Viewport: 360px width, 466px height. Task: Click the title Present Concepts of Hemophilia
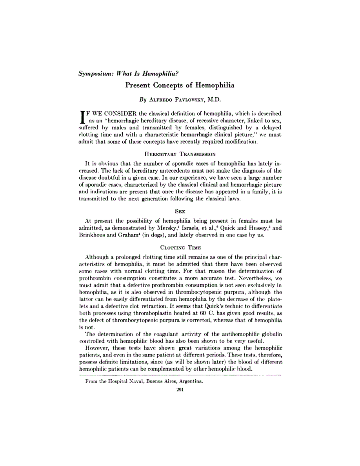click(x=180, y=85)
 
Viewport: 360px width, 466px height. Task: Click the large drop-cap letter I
click(x=82, y=117)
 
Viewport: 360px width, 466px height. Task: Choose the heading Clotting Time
click(x=180, y=248)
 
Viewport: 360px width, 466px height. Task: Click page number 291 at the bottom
click(x=180, y=390)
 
